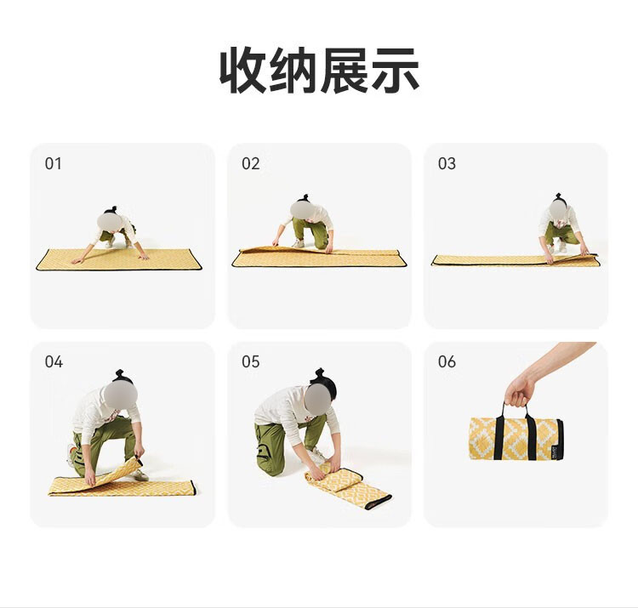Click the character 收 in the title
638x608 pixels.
pyautogui.click(x=243, y=70)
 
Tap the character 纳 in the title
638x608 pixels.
pyautogui.click(x=293, y=70)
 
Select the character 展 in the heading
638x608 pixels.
pyautogui.click(x=344, y=70)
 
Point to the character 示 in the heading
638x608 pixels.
pyautogui.click(x=395, y=70)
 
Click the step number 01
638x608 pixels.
pyautogui.click(x=54, y=163)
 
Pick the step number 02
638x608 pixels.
pyautogui.click(x=250, y=163)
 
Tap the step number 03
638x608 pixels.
pyautogui.click(x=447, y=163)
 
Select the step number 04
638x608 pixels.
pyautogui.click(x=54, y=361)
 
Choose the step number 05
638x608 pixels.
pyautogui.click(x=250, y=361)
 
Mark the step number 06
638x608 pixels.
pyautogui.click(x=447, y=361)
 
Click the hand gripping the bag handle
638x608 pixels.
pyautogui.click(x=520, y=390)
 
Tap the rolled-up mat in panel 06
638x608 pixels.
pyautogui.click(x=516, y=439)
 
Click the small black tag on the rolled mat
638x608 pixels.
pyautogui.click(x=555, y=452)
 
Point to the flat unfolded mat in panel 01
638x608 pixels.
pyautogui.click(x=119, y=259)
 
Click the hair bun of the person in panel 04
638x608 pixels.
pyautogui.click(x=120, y=374)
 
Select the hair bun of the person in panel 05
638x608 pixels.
pyautogui.click(x=320, y=373)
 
